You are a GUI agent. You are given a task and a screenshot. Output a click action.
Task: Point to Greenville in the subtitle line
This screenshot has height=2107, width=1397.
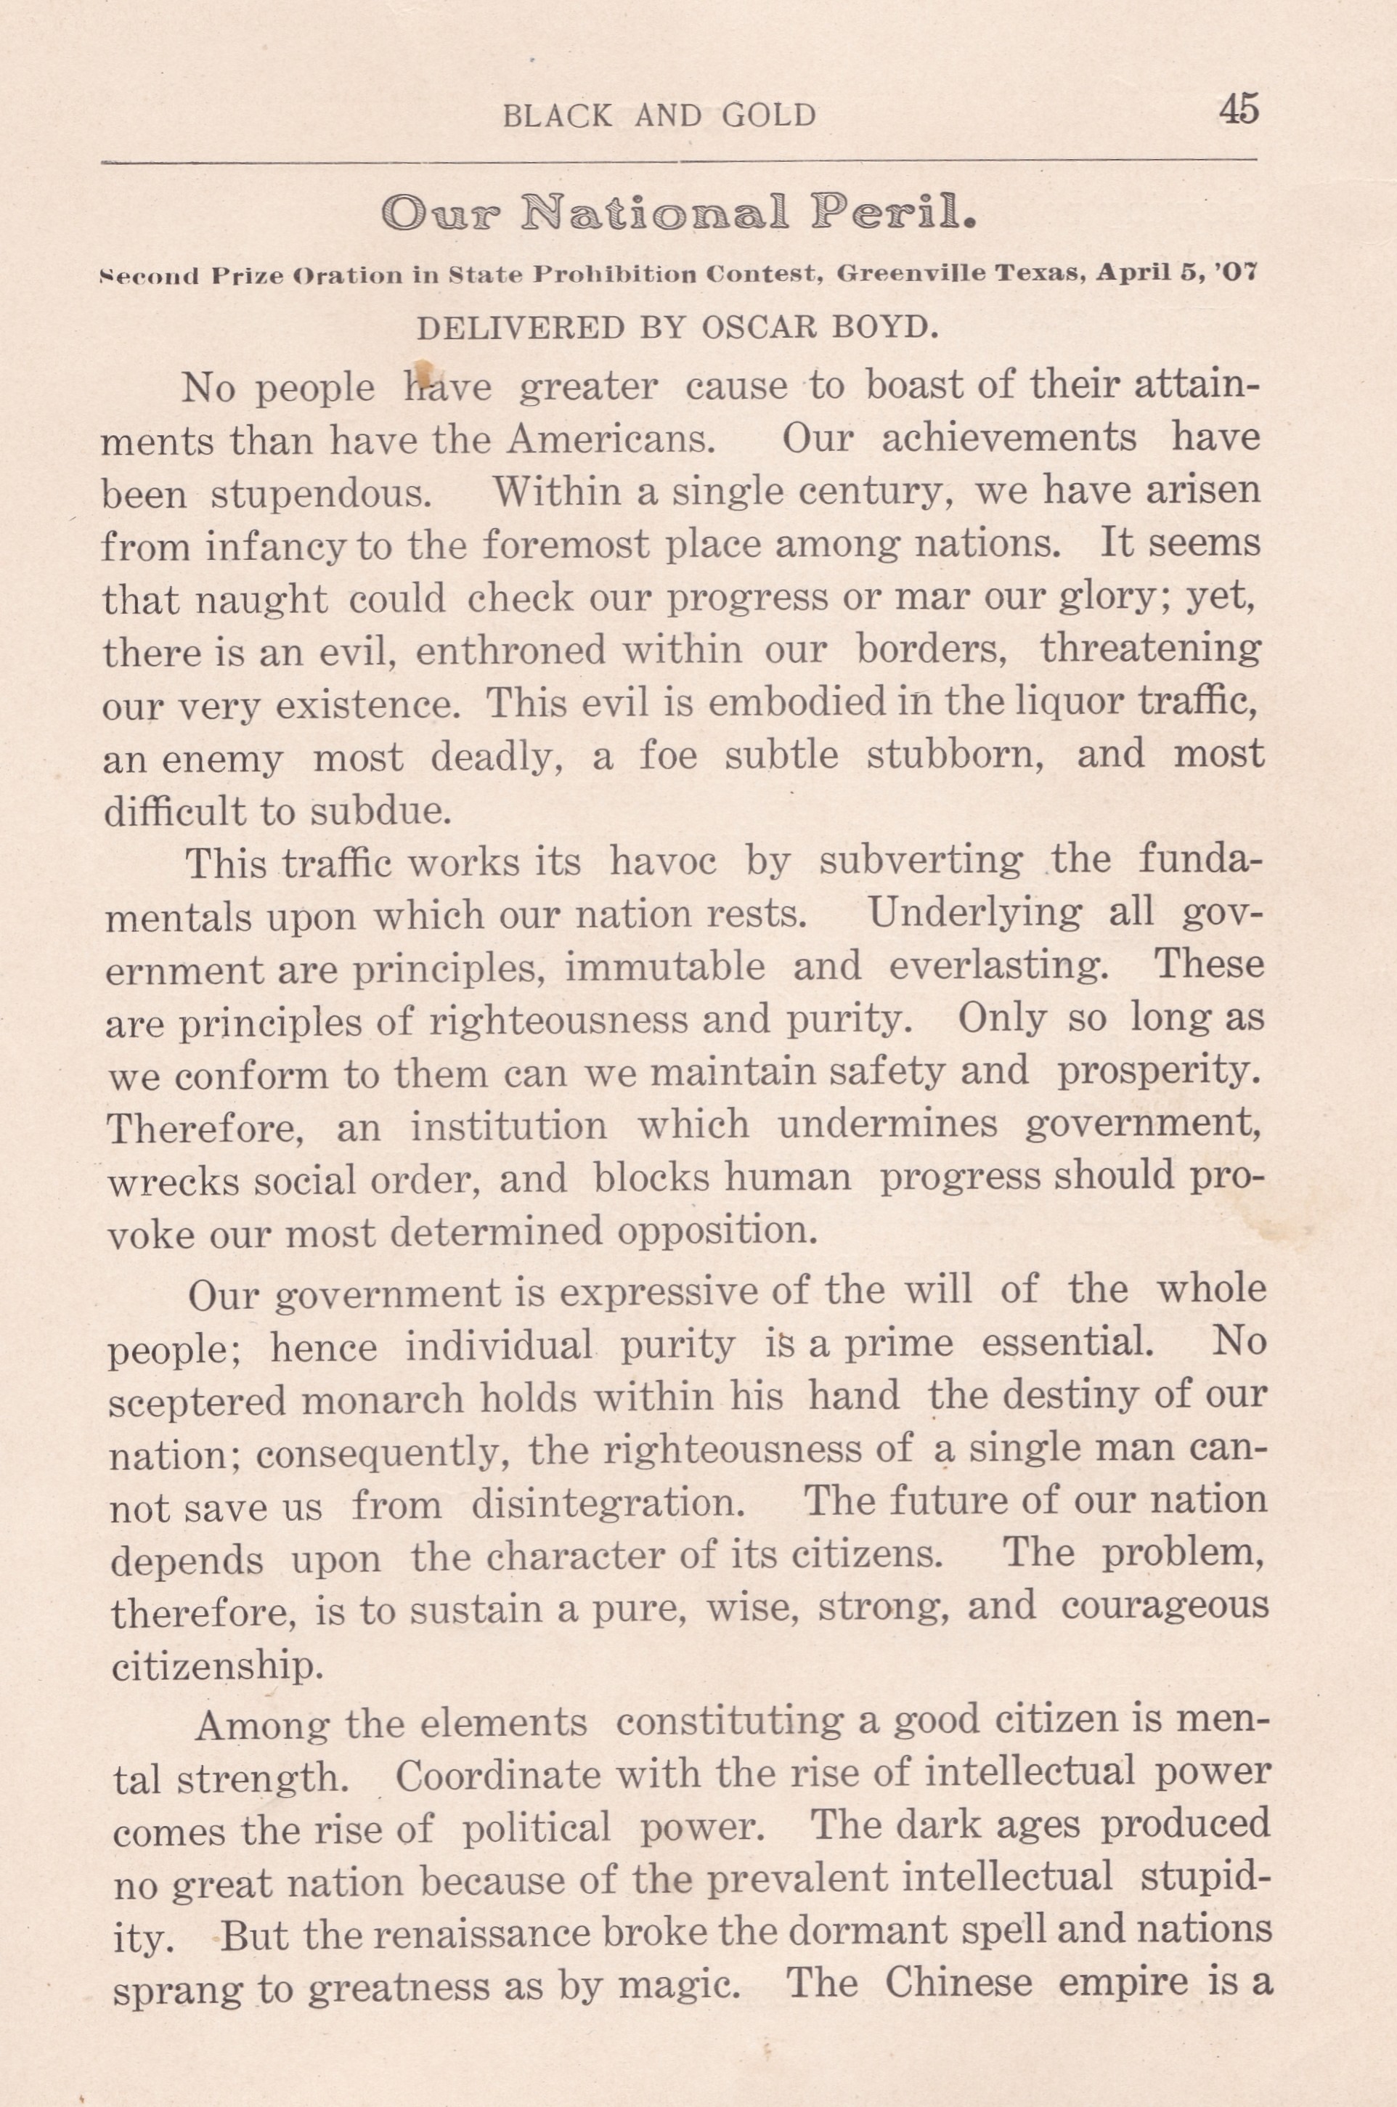coord(911,275)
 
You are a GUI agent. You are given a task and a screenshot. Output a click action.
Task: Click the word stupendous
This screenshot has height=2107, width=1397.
coord(321,493)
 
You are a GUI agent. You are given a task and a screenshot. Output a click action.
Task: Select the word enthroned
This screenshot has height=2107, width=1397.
coord(510,651)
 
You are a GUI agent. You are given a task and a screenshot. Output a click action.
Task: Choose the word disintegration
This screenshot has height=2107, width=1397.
coord(608,1506)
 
